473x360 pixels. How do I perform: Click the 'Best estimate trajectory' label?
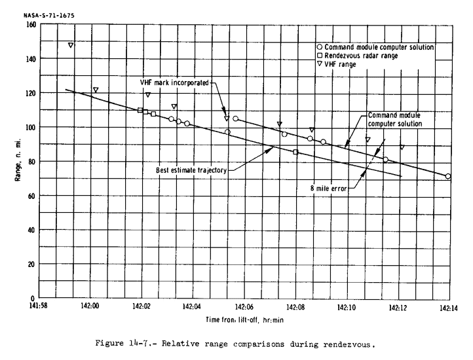[x=191, y=170]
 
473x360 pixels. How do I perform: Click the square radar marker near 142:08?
[x=295, y=152]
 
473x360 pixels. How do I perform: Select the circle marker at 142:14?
[x=448, y=176]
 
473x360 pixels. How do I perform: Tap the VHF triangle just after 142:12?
[x=402, y=147]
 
